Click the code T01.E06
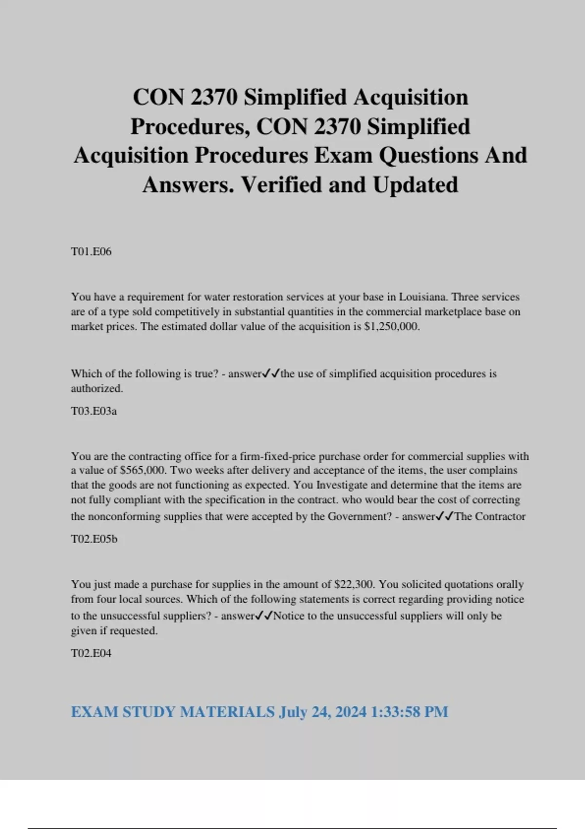click(91, 252)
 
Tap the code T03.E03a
click(94, 411)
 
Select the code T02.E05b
click(94, 539)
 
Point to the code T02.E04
click(91, 653)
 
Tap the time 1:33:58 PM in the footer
click(409, 712)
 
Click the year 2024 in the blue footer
click(351, 712)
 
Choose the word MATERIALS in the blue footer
click(227, 712)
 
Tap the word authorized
click(97, 389)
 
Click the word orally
click(510, 584)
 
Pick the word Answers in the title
click(188, 185)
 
